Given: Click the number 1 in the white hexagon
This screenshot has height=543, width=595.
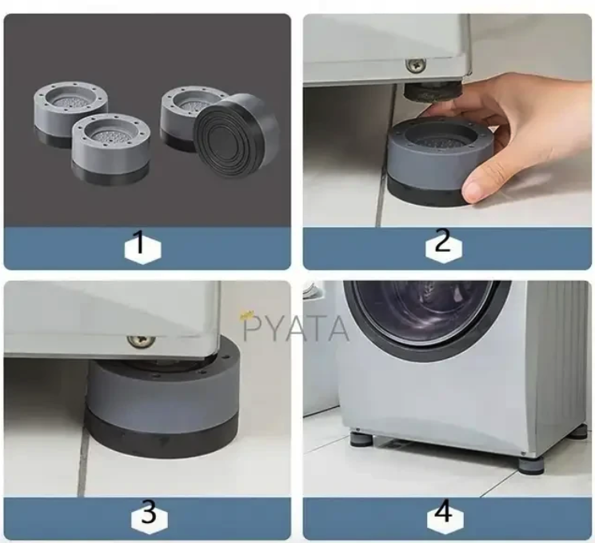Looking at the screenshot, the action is (141, 242).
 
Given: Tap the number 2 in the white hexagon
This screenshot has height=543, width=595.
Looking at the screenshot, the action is (443, 242).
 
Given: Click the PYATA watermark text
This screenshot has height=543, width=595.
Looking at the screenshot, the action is (295, 329).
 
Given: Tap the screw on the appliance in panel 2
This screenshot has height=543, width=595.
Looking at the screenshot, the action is (415, 66).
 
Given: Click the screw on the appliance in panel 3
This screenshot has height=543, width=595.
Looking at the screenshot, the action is (142, 341).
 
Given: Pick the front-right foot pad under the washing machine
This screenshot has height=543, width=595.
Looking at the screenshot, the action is (530, 464).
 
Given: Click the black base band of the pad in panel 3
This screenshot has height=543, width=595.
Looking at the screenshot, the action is (162, 437).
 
